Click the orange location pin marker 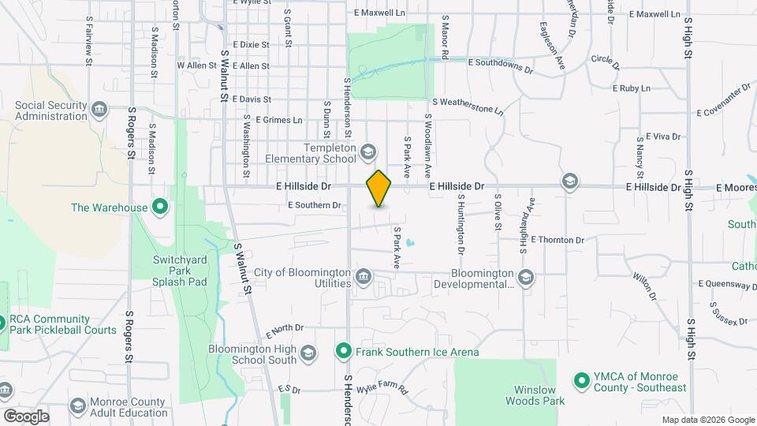coord(378,188)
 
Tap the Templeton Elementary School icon coord(367,151)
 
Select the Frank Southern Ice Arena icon coord(343,350)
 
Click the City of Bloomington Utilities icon coord(364,275)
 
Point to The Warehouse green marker coord(160,207)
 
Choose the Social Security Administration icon coord(99,109)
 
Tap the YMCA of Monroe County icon coord(581,381)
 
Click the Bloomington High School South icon coord(308,353)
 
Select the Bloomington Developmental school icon coord(526,276)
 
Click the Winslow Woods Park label coord(539,395)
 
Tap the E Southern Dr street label coord(314,205)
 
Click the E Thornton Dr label coord(557,240)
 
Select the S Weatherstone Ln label coord(467,103)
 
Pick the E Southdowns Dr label coord(501,62)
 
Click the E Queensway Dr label coord(727,284)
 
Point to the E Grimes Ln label coord(278,121)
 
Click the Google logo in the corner coord(26,417)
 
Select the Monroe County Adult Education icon coord(77,405)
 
